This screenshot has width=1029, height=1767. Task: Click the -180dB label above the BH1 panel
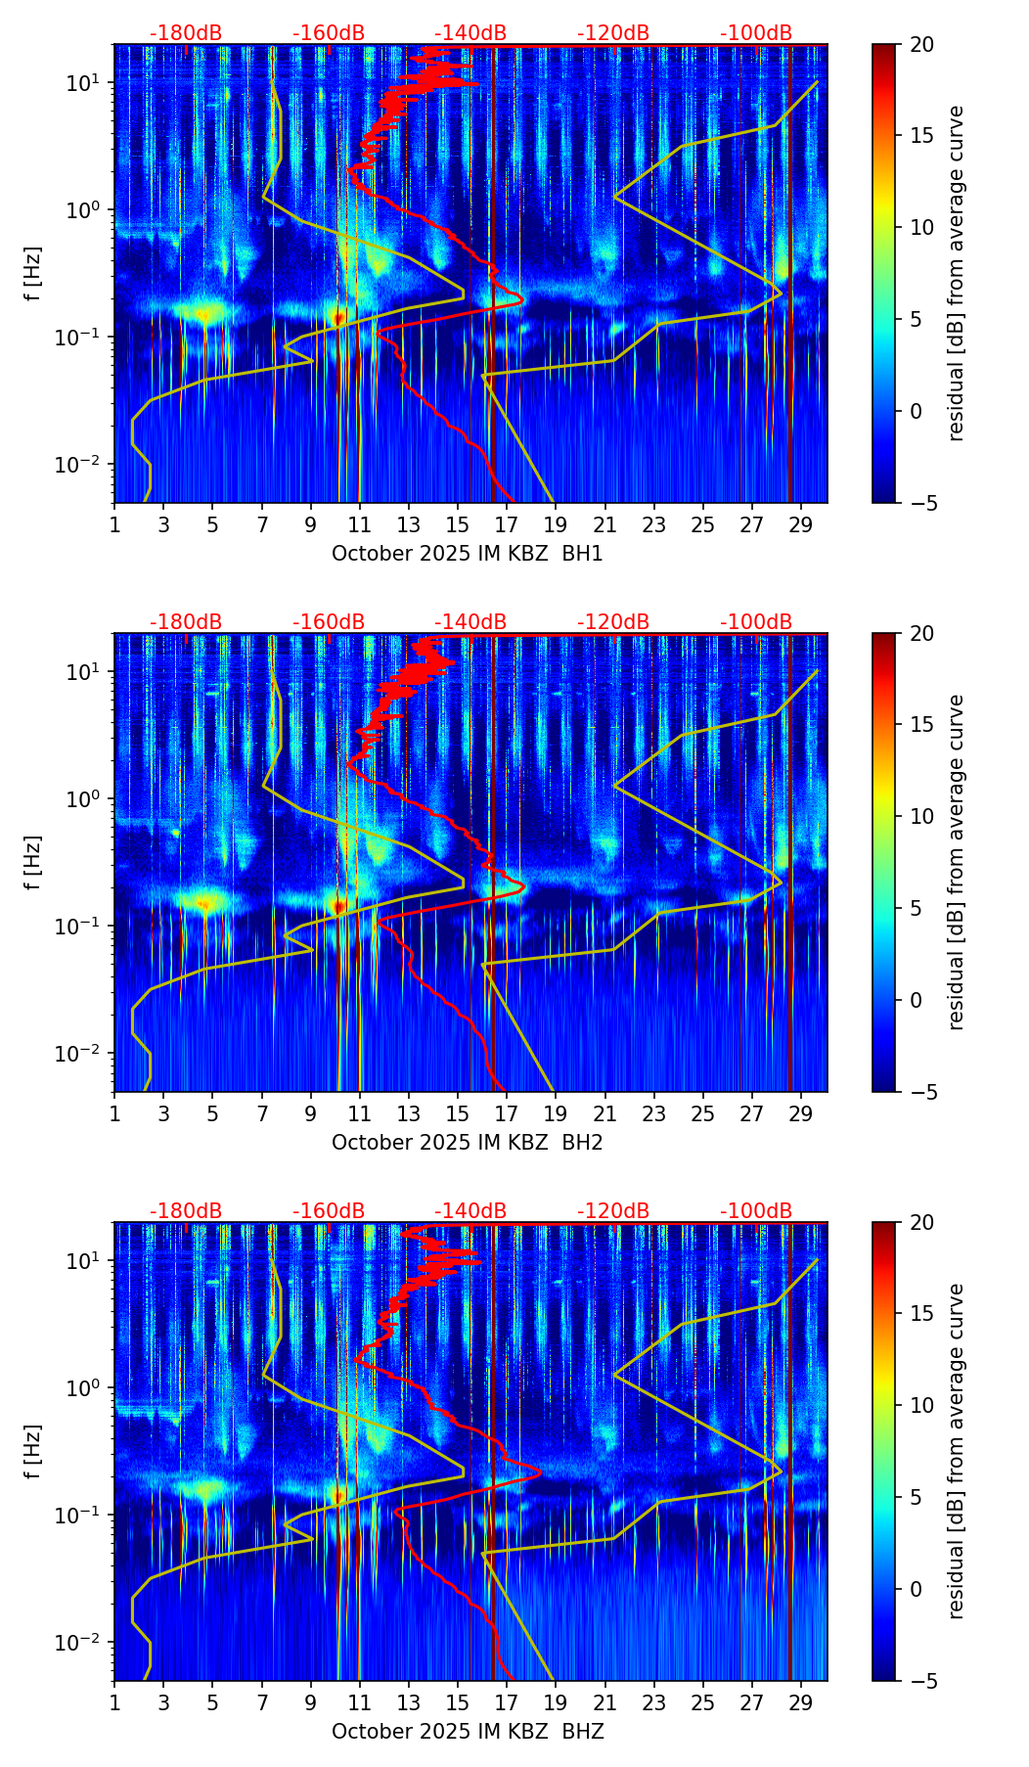pos(186,33)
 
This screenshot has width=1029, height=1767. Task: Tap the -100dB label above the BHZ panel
pos(756,1211)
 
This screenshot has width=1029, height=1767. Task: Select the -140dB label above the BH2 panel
pos(470,622)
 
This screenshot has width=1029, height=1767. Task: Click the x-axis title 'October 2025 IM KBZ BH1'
pos(468,554)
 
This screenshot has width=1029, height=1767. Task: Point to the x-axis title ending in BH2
pos(468,1143)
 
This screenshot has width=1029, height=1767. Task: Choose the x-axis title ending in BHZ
pos(468,1732)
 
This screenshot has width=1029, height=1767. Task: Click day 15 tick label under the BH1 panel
pos(458,525)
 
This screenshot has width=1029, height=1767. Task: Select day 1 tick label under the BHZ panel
pos(114,1703)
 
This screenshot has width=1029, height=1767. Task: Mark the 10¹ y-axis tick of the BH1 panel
pos(84,83)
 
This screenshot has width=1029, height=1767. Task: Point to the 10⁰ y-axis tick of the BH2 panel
pos(84,799)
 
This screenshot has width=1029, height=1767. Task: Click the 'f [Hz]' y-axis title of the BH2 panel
pos(33,862)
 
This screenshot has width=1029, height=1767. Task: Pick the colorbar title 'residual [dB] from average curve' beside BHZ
pos(956,1451)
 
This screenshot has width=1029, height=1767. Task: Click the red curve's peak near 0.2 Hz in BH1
pos(523,300)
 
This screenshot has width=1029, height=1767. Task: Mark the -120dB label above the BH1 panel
pos(613,33)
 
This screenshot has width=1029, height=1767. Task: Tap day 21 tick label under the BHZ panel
pos(605,1703)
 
